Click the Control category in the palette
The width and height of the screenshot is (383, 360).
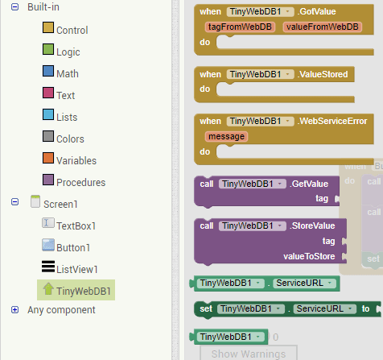(x=72, y=30)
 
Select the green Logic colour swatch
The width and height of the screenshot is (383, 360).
(x=48, y=52)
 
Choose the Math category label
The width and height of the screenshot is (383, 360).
(x=68, y=74)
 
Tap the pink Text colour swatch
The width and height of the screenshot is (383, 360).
(x=48, y=95)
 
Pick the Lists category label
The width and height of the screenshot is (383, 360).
(x=68, y=117)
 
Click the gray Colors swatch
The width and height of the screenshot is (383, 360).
(x=48, y=138)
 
